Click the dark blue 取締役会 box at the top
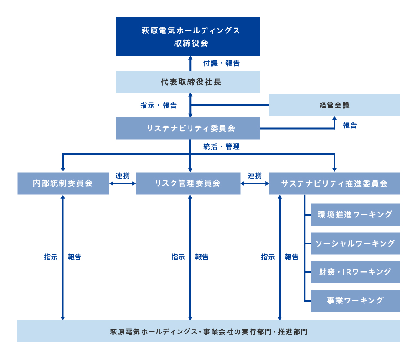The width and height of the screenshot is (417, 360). (188, 37)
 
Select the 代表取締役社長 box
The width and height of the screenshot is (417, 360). (188, 82)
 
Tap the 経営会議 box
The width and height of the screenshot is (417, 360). (334, 105)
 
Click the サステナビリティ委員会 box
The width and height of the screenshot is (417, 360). (188, 128)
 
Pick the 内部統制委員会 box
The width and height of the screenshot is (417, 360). (63, 183)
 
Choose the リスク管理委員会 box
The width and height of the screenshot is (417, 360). (188, 183)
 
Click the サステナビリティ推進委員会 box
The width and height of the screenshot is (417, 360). (334, 183)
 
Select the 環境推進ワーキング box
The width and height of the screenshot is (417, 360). (355, 215)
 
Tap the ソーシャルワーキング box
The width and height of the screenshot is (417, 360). (355, 243)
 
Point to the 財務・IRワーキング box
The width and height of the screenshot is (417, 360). (355, 272)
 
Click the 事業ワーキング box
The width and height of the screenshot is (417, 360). (355, 301)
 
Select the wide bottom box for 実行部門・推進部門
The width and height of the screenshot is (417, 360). (208, 331)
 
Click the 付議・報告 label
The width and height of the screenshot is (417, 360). (222, 63)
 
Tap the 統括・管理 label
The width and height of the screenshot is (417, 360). (222, 147)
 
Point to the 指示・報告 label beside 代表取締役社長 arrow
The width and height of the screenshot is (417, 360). (159, 105)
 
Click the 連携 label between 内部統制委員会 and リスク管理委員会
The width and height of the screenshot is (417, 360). (122, 176)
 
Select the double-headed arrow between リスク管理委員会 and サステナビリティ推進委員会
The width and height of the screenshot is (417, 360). (255, 183)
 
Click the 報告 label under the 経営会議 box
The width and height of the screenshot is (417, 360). (350, 125)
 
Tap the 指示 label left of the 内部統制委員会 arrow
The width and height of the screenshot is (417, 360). (51, 257)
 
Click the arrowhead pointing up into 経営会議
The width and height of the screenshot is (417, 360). (334, 118)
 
